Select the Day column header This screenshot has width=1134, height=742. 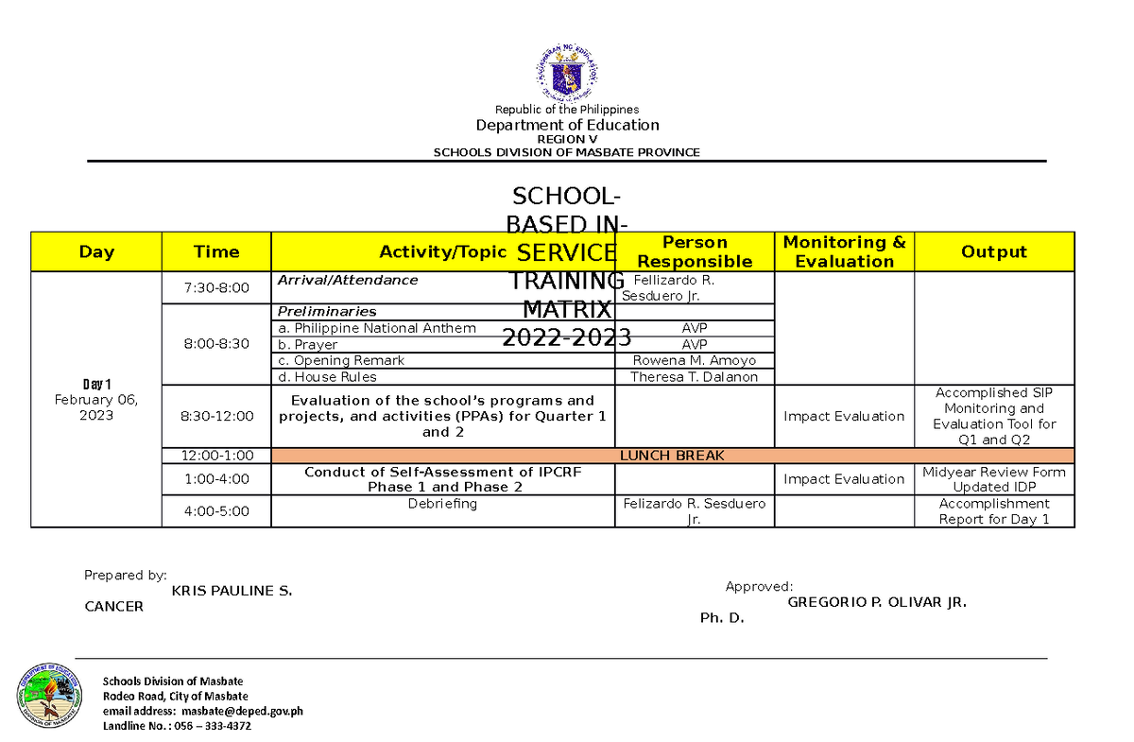(96, 251)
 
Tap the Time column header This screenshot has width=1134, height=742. (216, 251)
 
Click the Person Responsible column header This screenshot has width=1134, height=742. (695, 251)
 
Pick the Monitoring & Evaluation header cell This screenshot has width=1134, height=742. (844, 251)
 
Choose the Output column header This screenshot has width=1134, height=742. (993, 251)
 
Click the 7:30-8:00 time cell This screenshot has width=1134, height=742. (216, 287)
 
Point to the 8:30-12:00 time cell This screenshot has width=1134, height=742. (216, 416)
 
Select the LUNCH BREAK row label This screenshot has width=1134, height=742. (671, 456)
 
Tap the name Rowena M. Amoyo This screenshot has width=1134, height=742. (695, 360)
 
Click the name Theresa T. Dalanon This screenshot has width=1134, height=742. (695, 376)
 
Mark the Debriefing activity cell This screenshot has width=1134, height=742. (442, 504)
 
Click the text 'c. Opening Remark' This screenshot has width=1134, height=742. (340, 360)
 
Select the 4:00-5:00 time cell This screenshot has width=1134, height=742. (216, 511)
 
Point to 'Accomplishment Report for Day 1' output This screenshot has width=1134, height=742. (993, 511)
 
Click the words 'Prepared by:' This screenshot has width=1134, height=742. (126, 575)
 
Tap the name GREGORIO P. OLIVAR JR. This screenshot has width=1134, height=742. (877, 602)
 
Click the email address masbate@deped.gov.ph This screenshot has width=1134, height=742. (243, 711)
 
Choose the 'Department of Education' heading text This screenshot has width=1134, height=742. (567, 125)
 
